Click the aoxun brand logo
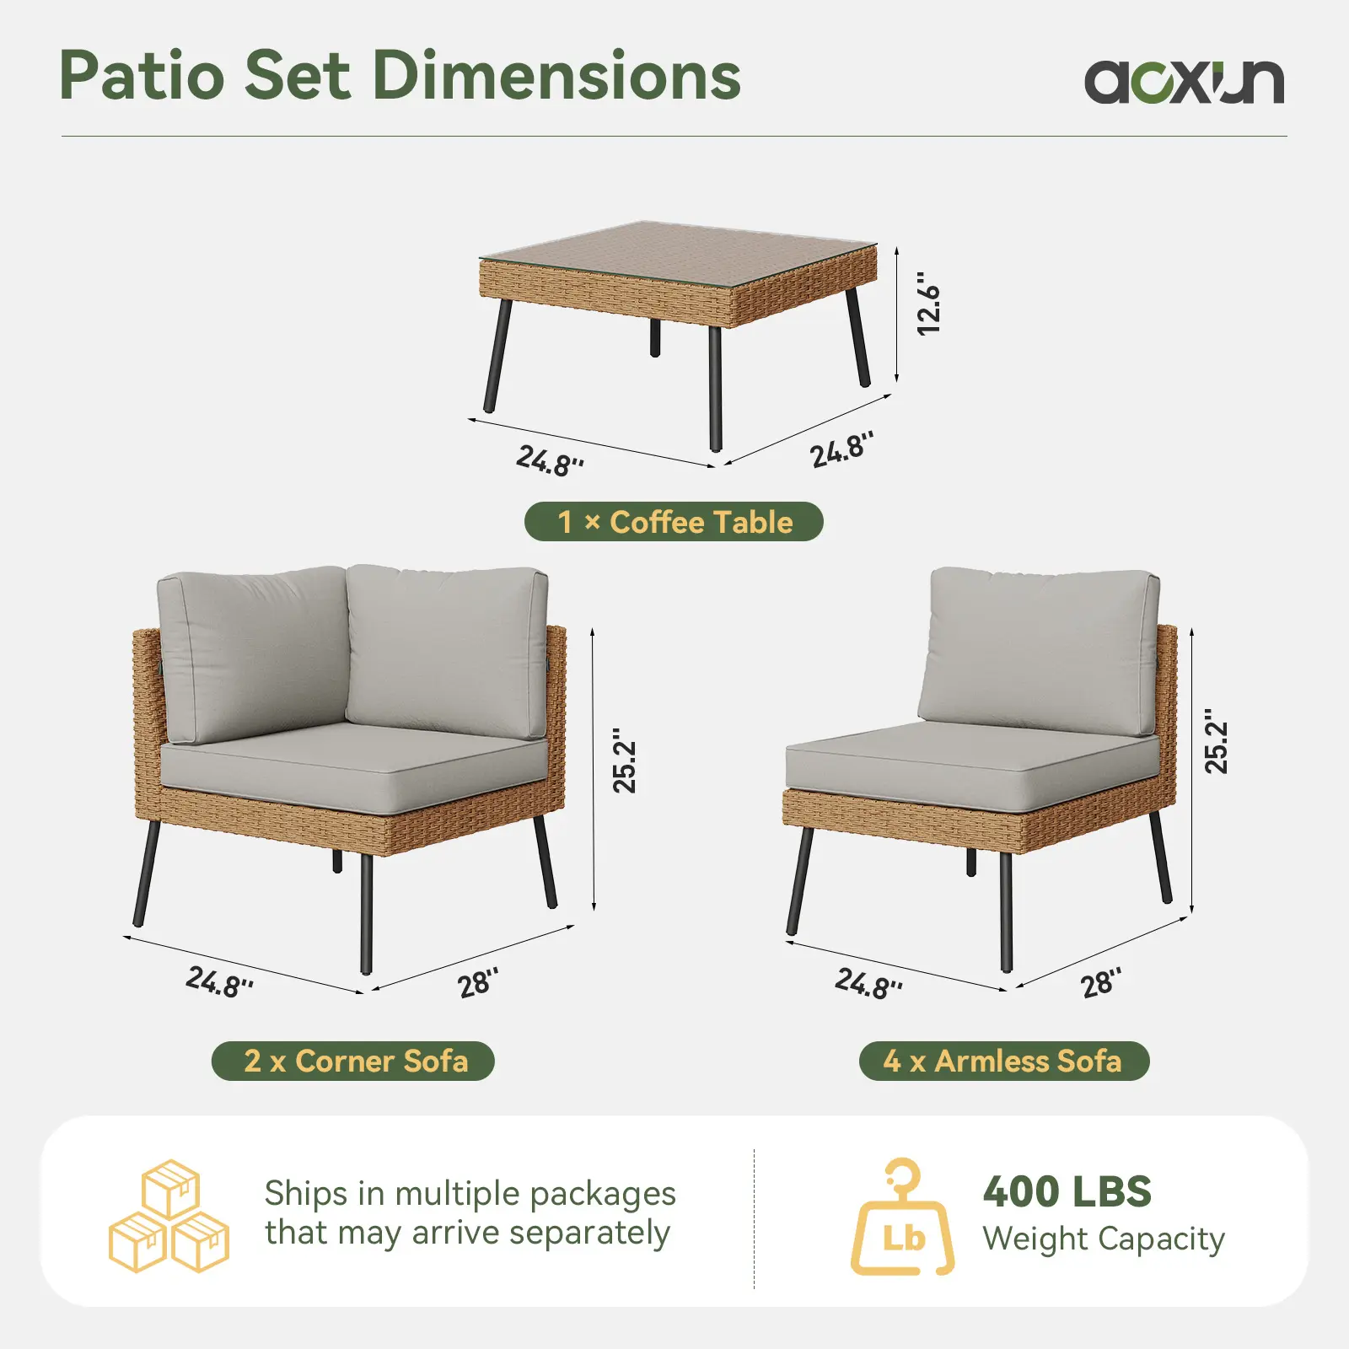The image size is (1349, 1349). pos(1184,81)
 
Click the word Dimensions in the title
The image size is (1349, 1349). pos(556,75)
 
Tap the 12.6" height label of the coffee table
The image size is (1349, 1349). pos(928,303)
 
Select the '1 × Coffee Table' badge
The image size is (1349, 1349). pos(674,522)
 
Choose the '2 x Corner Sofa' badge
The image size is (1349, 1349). pos(353,1061)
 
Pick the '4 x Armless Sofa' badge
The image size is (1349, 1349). pos(1004,1061)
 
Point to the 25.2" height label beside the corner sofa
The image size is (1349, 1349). pos(624,760)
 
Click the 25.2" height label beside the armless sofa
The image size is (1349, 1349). pos(1216,741)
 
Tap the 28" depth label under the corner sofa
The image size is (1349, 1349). pos(478,982)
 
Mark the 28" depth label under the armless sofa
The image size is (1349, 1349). pos(1101,982)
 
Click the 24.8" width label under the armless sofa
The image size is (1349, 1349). pos(868,983)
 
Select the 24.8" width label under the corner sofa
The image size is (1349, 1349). pos(219,981)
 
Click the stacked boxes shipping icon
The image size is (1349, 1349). pos(169,1216)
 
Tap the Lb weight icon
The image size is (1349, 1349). pos(902,1216)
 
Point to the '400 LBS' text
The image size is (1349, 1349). pos(1067,1192)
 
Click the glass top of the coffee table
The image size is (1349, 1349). pos(678,254)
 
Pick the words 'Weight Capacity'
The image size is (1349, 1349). pos(1104,1239)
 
